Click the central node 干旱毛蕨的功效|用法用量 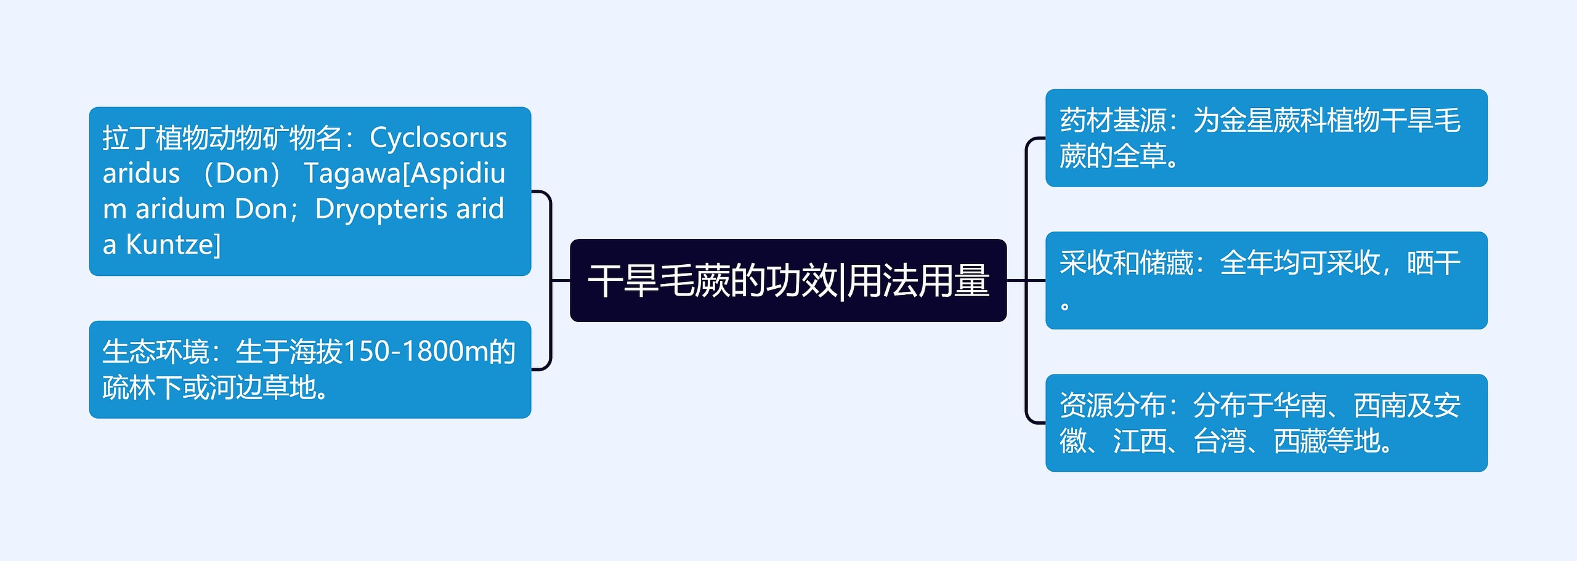[x=788, y=281]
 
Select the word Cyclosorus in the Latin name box [x=438, y=138]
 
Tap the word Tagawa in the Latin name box [x=352, y=174]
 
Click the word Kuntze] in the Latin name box [x=173, y=245]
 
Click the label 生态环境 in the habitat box [x=155, y=352]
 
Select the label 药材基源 [x=1113, y=120]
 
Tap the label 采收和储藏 [x=1126, y=263]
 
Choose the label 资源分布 [x=1113, y=406]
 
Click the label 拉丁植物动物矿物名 [x=222, y=138]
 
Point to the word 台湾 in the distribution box [x=1220, y=442]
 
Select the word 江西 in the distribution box [x=1140, y=442]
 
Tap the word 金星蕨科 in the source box [x=1273, y=120]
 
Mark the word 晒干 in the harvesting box [x=1433, y=263]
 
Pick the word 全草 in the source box [x=1140, y=156]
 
